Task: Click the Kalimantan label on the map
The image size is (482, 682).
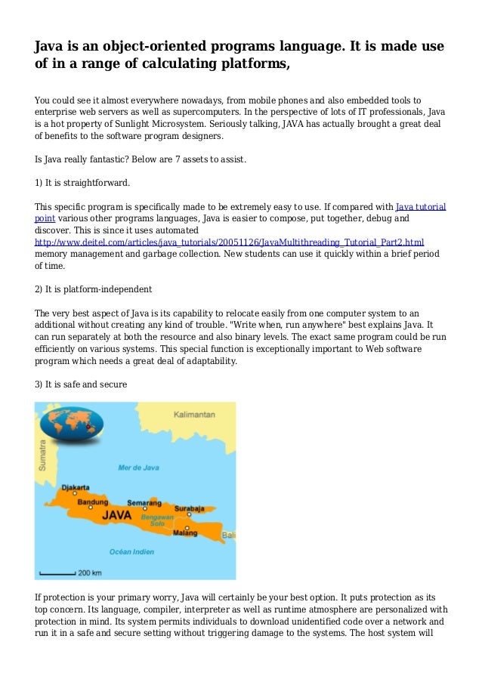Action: coord(194,415)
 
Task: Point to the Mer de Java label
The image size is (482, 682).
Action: coord(138,468)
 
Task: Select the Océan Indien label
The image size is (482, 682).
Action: coord(131,551)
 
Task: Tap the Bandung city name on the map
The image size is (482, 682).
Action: coord(92,501)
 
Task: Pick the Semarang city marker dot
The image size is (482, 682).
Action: coord(143,509)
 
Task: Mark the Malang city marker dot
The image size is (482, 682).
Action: coord(188,526)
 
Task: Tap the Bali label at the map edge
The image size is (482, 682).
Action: coord(228,535)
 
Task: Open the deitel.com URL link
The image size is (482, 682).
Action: coord(230,242)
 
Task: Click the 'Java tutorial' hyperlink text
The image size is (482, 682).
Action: coord(421,205)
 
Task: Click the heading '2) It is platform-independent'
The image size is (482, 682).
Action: coord(94,289)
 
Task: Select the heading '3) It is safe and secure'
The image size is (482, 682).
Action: coord(82,384)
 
